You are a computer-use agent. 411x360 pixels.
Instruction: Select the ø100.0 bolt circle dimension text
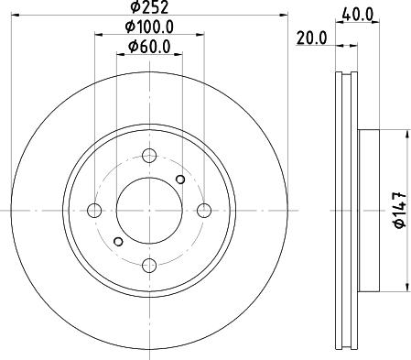click(x=149, y=28)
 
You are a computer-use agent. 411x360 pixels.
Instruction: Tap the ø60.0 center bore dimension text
click(x=149, y=47)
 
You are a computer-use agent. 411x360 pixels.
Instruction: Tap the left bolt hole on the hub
click(x=94, y=210)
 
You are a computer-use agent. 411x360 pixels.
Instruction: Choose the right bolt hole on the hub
click(x=204, y=210)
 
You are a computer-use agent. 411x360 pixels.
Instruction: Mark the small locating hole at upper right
click(x=180, y=179)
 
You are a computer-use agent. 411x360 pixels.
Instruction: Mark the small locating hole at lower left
click(x=117, y=241)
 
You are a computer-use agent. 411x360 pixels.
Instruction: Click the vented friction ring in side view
click(x=346, y=210)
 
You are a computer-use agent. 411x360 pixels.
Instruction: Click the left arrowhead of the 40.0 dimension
click(x=340, y=25)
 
